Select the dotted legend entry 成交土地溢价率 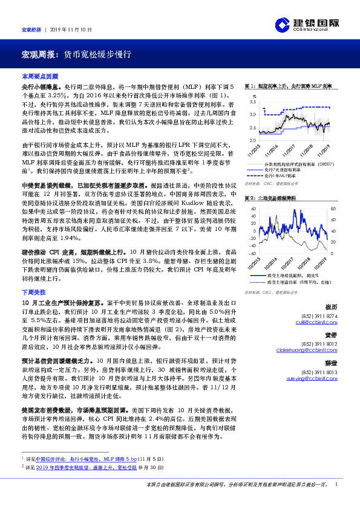pos(297,281)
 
